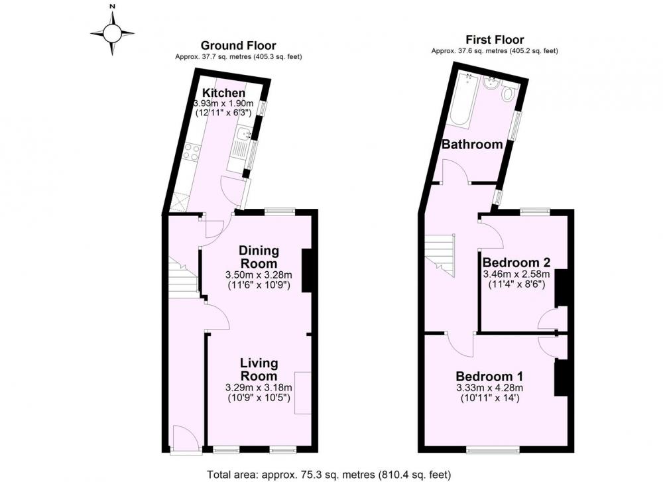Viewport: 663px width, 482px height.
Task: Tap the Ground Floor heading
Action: point(239,46)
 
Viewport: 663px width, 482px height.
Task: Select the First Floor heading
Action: point(495,40)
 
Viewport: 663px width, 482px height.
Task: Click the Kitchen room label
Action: point(223,93)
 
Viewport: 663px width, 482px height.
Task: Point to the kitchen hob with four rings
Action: point(192,152)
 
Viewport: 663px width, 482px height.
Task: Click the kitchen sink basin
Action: point(243,135)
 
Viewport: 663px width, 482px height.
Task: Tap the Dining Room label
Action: point(259,257)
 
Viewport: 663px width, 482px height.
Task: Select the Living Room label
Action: point(259,369)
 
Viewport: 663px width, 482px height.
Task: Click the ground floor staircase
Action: point(183,277)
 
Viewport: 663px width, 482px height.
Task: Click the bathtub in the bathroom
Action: point(460,101)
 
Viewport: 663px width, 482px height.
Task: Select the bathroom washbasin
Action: point(491,82)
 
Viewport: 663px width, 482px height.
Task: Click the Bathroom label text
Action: point(472,145)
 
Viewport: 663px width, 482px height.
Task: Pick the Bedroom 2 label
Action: point(516,262)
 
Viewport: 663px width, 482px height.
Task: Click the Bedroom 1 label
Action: point(489,376)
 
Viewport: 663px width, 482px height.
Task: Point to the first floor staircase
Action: point(440,255)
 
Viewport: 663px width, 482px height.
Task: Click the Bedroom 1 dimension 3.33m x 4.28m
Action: point(489,388)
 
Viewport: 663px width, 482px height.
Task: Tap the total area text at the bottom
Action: point(329,475)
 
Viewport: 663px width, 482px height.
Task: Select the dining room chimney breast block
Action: point(307,271)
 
